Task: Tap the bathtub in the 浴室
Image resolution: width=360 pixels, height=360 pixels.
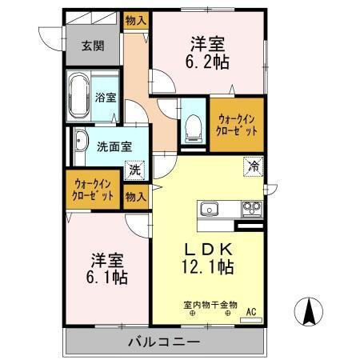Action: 78,97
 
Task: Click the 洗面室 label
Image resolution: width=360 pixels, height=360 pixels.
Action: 114,146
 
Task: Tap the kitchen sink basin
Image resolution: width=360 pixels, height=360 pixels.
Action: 209,210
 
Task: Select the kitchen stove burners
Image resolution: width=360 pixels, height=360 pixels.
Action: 252,210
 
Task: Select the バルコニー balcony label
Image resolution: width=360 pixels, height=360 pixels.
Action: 164,342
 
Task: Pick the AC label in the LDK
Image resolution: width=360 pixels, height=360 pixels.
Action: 250,311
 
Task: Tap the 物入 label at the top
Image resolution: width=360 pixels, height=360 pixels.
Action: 135,21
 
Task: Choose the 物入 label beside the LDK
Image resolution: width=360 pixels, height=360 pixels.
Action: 135,194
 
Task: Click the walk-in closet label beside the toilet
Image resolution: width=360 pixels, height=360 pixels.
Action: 236,123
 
